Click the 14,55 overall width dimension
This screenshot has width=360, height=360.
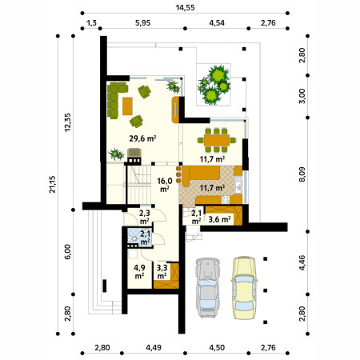(185, 7)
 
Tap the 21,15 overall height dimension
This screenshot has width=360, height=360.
(52, 184)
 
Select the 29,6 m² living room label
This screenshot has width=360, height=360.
(142, 138)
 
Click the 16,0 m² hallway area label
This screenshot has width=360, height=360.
(165, 185)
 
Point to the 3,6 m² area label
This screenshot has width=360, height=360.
(219, 219)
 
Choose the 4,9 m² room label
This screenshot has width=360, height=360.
(139, 271)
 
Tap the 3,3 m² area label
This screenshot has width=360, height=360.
(162, 271)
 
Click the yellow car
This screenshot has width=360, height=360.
(244, 288)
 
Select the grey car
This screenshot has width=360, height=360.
(208, 288)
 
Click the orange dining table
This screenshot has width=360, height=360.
(217, 140)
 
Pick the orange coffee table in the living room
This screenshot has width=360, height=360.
(127, 106)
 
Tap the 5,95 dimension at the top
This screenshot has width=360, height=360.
(142, 23)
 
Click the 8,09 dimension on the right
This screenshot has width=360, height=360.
(302, 174)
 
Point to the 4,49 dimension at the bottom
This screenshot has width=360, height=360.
(154, 348)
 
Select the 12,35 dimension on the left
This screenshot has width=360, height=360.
(67, 122)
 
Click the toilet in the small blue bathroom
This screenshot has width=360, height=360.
(133, 238)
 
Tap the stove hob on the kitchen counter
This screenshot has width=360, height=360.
(226, 199)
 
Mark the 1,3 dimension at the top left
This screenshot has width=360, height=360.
(91, 23)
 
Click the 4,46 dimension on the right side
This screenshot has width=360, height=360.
(302, 262)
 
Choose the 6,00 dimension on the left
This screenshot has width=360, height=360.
(67, 252)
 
